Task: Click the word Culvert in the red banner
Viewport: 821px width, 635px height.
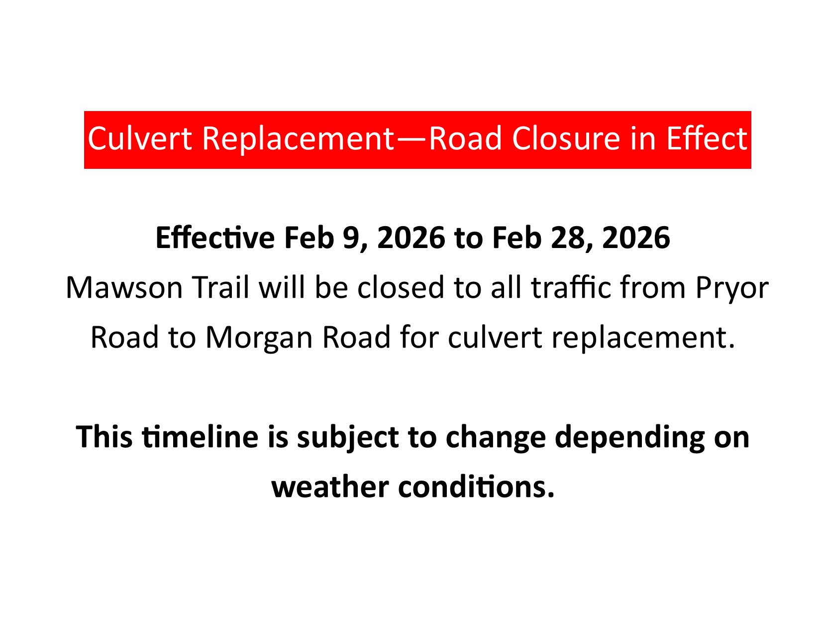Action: (139, 138)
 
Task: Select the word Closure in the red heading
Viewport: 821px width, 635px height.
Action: (566, 138)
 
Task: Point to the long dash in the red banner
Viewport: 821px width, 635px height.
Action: (412, 140)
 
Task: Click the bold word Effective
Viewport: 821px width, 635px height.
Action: (215, 238)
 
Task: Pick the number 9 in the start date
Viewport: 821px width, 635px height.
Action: (349, 238)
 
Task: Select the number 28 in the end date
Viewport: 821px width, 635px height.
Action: (566, 238)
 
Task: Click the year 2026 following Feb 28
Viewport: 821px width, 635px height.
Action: (636, 238)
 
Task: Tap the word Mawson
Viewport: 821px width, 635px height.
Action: (124, 288)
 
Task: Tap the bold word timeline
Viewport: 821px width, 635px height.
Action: (200, 437)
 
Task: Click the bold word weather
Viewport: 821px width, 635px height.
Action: (330, 487)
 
